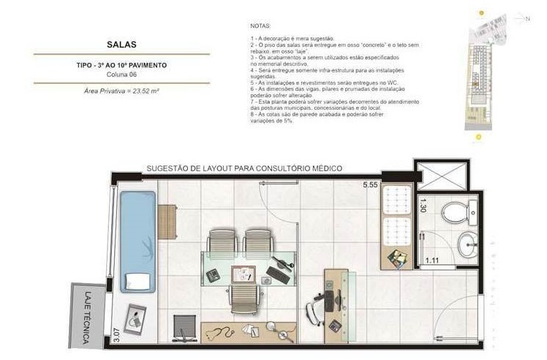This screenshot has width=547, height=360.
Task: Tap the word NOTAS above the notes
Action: pos(260,26)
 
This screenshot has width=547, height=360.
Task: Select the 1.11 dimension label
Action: pos(434,260)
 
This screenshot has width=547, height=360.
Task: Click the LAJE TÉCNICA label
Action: pos(87,317)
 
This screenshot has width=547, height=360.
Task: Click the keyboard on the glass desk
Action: pos(278,275)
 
